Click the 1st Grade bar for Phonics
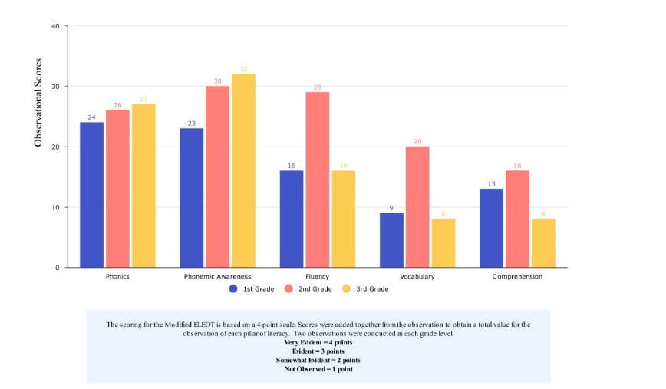pos(91,195)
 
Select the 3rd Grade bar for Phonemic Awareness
pos(242,170)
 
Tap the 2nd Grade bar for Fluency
pos(317,180)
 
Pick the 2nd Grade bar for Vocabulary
pos(417,206)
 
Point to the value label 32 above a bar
pos(242,69)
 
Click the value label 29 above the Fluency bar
pos(317,87)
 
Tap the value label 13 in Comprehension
pos(491,184)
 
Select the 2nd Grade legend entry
pos(309,288)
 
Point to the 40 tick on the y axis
pos(54,26)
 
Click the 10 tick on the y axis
pos(54,207)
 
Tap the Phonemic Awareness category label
pos(218,276)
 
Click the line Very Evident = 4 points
pos(318,342)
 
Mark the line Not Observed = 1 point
pos(318,368)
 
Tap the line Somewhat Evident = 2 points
pos(318,360)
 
